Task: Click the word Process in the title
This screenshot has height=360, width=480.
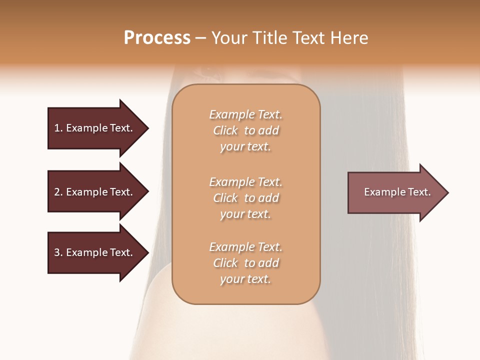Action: (x=157, y=38)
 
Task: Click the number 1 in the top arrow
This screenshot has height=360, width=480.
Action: (x=57, y=128)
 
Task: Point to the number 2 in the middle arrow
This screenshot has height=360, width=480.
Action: (x=57, y=192)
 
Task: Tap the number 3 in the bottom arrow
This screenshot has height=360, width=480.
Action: (x=57, y=252)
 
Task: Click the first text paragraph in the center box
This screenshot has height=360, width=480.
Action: (x=245, y=130)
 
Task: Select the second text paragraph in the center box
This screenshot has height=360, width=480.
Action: (x=245, y=198)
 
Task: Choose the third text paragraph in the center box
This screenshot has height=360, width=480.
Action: (x=245, y=263)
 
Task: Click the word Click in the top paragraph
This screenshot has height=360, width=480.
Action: (x=225, y=130)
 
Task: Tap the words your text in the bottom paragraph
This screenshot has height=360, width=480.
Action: (x=245, y=279)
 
